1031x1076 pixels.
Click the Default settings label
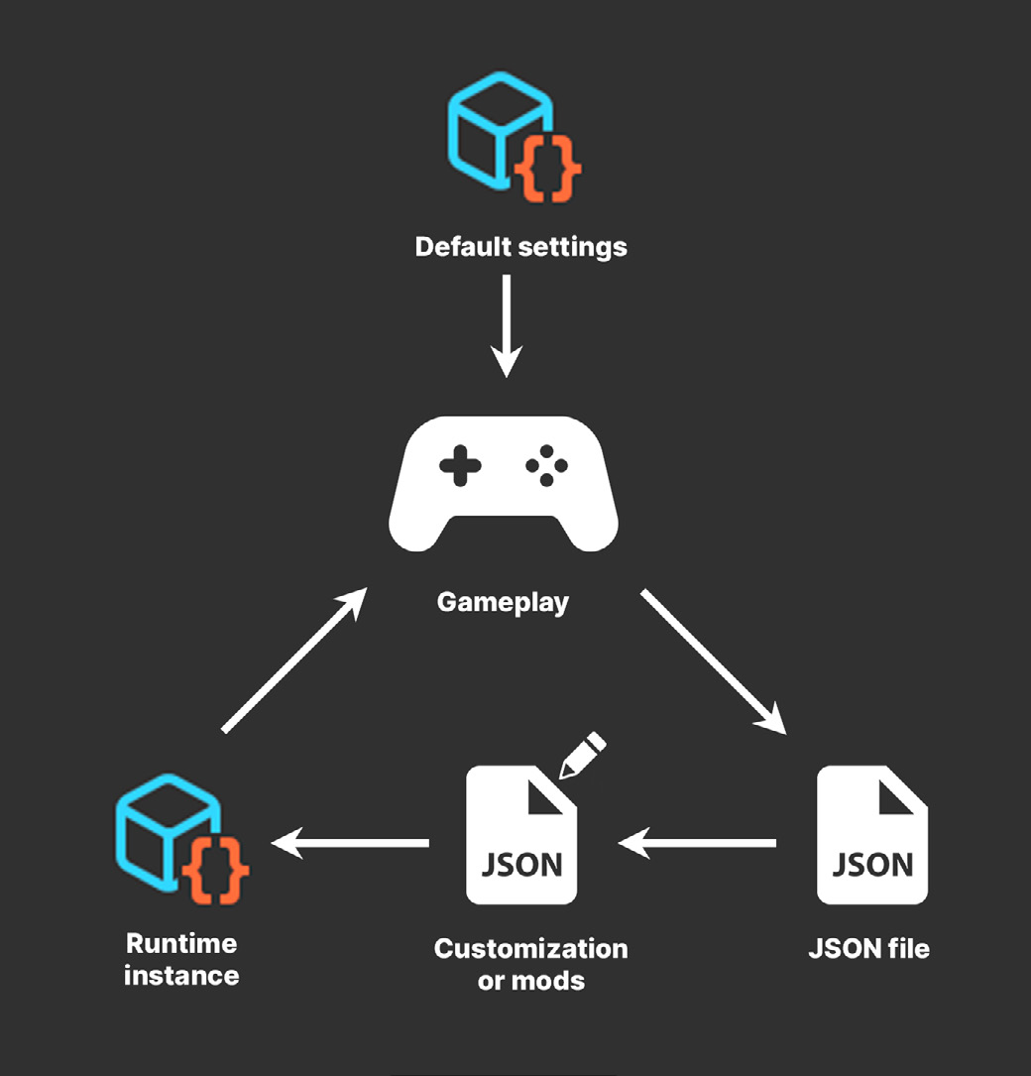click(x=520, y=247)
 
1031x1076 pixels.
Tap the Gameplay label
click(x=503, y=603)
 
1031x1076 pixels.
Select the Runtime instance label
click(x=181, y=959)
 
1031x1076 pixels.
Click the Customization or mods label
click(x=531, y=964)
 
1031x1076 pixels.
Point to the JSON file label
click(x=869, y=948)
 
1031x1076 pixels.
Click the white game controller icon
click(x=504, y=483)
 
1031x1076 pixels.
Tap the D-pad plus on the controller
click(x=460, y=466)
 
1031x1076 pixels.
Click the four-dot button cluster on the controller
click(x=546, y=466)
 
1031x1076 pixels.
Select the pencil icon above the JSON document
click(x=582, y=755)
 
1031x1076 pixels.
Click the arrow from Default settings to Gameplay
click(x=507, y=325)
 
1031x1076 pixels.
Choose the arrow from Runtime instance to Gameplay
click(x=295, y=659)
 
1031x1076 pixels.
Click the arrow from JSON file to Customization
click(x=697, y=843)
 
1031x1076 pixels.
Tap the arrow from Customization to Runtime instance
click(x=350, y=843)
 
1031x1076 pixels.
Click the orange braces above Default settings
click(x=547, y=169)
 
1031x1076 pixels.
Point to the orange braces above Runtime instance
click(x=215, y=871)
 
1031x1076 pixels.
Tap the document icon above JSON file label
click(x=872, y=834)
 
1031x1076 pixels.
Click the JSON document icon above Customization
click(x=521, y=834)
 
